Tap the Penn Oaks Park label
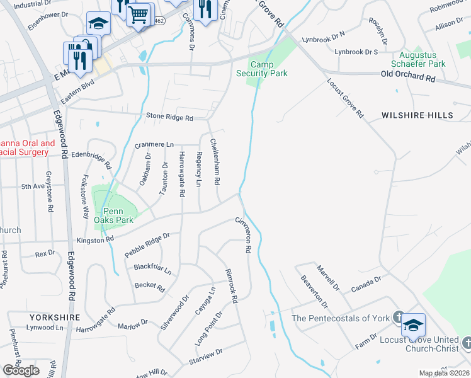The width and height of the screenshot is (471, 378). [x=113, y=216]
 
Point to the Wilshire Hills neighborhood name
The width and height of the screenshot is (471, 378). [x=417, y=115]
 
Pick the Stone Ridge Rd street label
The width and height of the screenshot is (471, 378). [x=169, y=117]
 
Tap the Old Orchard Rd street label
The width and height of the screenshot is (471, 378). [x=408, y=77]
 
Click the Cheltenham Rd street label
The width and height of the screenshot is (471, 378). [x=215, y=161]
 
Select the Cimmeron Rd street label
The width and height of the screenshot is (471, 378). [x=243, y=235]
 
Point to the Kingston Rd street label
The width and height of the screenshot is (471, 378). [x=95, y=239]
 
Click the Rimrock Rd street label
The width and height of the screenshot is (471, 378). [x=230, y=286]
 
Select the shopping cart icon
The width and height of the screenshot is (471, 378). [x=139, y=13]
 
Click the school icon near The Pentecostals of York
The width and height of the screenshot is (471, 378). [x=413, y=325]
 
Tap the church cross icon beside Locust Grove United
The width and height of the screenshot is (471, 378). [x=467, y=343]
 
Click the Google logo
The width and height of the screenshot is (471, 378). [x=21, y=370]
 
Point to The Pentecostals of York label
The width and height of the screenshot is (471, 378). [x=341, y=318]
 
